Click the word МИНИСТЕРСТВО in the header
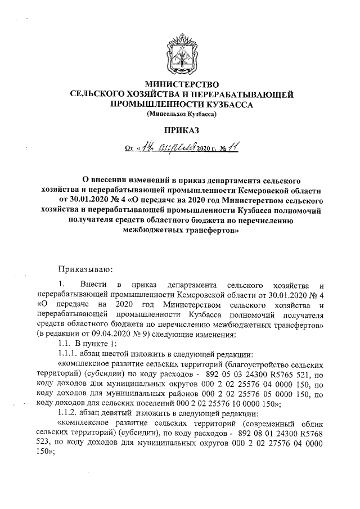coord(181,84)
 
